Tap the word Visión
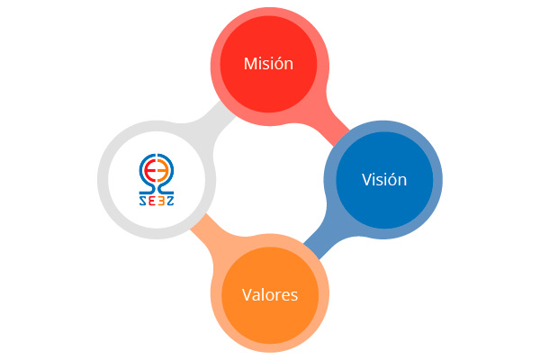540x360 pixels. (x=384, y=179)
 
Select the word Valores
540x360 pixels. (x=269, y=294)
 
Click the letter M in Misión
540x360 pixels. (x=251, y=64)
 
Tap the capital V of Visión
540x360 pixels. (x=366, y=179)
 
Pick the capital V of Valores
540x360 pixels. (x=247, y=294)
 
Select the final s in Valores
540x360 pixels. (x=293, y=295)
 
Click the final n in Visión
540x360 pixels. (x=402, y=180)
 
